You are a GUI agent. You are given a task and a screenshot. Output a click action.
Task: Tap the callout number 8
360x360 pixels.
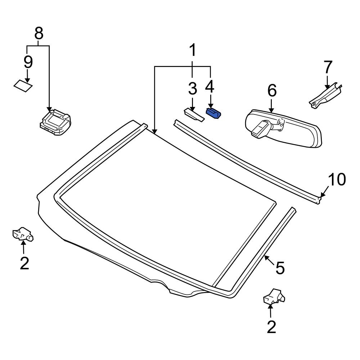pyautogui.click(x=39, y=34)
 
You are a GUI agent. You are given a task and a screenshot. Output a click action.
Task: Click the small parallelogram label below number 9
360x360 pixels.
pyautogui.click(x=23, y=86)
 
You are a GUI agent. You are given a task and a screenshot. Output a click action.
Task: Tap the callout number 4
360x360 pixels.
pyautogui.click(x=210, y=86)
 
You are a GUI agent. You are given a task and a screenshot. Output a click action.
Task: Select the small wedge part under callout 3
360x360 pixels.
pyautogui.click(x=193, y=115)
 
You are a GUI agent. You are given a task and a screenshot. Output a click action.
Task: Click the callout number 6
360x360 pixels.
pyautogui.click(x=272, y=91)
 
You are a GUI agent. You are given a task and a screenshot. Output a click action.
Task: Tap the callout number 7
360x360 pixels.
pyautogui.click(x=327, y=67)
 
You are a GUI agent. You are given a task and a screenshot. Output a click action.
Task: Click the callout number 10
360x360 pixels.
pyautogui.click(x=337, y=180)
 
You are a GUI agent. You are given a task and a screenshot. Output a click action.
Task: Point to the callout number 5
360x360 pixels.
pyautogui.click(x=280, y=268)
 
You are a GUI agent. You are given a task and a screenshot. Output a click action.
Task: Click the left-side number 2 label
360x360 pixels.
pyautogui.click(x=24, y=264)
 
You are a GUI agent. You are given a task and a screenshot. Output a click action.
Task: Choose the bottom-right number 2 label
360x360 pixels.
pyautogui.click(x=271, y=327)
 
